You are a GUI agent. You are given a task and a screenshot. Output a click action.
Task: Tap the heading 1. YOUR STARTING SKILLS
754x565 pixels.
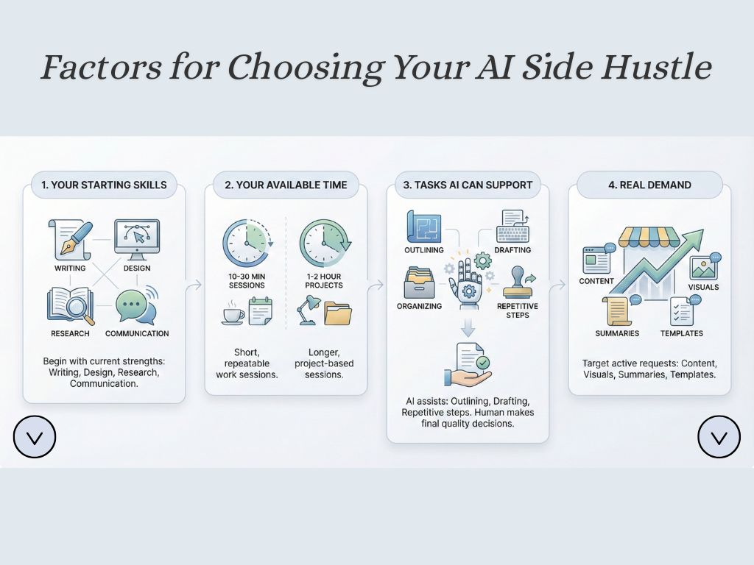pos(104,185)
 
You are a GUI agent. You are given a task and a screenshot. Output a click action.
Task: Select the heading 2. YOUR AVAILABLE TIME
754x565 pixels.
pos(286,185)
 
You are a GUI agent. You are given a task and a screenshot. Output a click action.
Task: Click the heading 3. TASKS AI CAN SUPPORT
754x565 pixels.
pos(468,185)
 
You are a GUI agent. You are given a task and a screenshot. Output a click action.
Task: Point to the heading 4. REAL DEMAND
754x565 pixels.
pos(649,185)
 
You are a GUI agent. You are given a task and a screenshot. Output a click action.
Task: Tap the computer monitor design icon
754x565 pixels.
pos(137,238)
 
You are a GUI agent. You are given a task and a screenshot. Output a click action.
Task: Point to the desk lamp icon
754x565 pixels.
pos(307,310)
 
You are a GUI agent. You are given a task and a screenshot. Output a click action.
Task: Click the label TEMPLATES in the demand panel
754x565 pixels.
pos(681,333)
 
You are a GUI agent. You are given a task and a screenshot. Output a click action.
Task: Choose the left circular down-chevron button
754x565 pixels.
pos(35,437)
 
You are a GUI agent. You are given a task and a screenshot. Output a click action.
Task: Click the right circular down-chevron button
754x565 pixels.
pos(719,437)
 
